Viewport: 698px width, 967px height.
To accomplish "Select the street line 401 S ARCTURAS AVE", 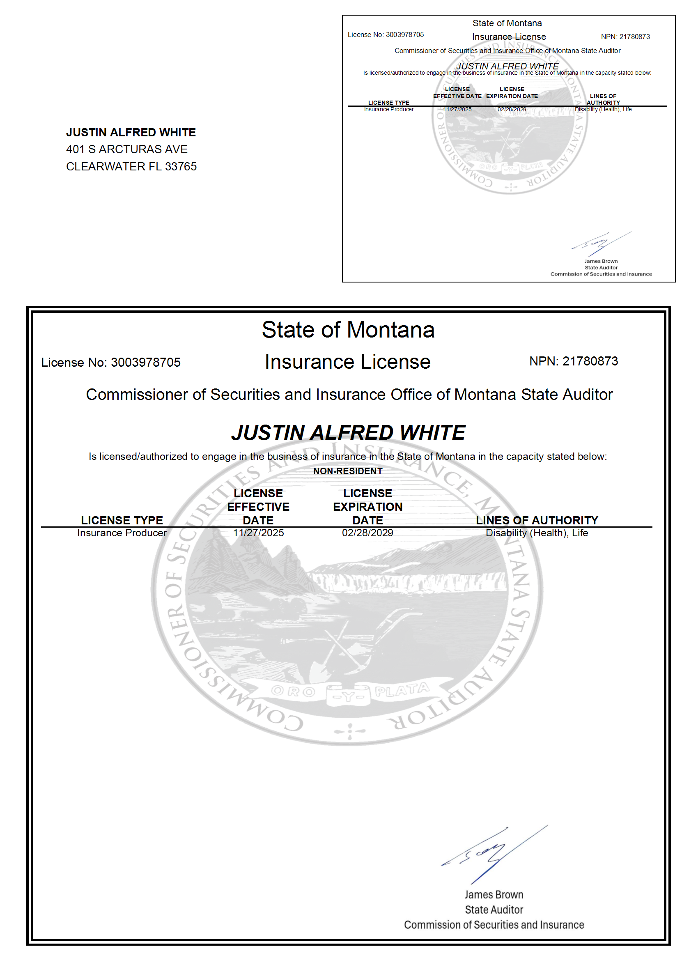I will pyautogui.click(x=126, y=149).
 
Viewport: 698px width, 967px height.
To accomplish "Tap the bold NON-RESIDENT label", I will pyautogui.click(x=347, y=471).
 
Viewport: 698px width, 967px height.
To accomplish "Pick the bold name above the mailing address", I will pyautogui.click(x=131, y=132).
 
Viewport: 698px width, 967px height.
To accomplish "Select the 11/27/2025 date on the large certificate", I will pyautogui.click(x=258, y=533).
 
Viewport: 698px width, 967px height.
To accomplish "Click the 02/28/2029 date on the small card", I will pyautogui.click(x=511, y=110).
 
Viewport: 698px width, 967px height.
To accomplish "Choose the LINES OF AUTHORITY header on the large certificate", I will pyautogui.click(x=537, y=520).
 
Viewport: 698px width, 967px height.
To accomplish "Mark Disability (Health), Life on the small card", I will pyautogui.click(x=603, y=110).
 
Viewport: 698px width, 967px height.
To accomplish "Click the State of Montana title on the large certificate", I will pyautogui.click(x=348, y=330).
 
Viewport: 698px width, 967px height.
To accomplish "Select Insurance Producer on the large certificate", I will pyautogui.click(x=122, y=533).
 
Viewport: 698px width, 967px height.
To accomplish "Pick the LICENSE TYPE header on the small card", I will pyautogui.click(x=388, y=103).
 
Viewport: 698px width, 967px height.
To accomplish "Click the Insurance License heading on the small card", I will pyautogui.click(x=509, y=37).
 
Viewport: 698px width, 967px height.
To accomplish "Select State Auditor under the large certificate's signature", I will pyautogui.click(x=494, y=910).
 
